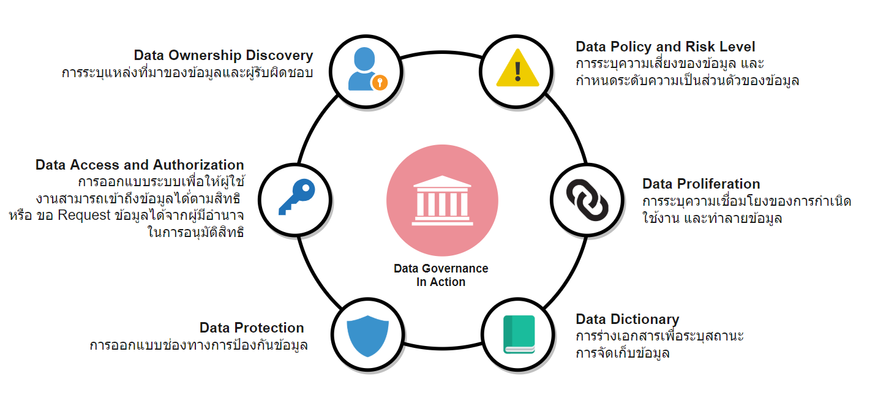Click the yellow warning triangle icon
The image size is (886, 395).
coord(517,68)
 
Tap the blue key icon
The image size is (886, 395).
coord(297,197)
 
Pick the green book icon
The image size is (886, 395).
coord(519,334)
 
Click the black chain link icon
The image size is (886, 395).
coord(587,200)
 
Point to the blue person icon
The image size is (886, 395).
coord(363,69)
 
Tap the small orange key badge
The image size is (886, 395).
coord(380,82)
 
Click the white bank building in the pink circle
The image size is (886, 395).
coord(442,201)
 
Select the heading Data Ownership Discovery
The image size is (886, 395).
coord(223,55)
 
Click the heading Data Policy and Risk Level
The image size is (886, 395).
coord(666,47)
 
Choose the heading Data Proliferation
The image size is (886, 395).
coord(701,184)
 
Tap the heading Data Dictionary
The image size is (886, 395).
coord(628,320)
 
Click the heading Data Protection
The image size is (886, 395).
coord(252,328)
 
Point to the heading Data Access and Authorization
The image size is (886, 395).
coord(140,165)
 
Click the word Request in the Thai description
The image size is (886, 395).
coord(84,216)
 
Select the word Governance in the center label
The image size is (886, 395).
coord(456,268)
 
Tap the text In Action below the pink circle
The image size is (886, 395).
coord(441,282)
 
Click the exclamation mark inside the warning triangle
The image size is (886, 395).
coord(518,71)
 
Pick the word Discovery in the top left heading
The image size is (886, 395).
coord(279,55)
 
